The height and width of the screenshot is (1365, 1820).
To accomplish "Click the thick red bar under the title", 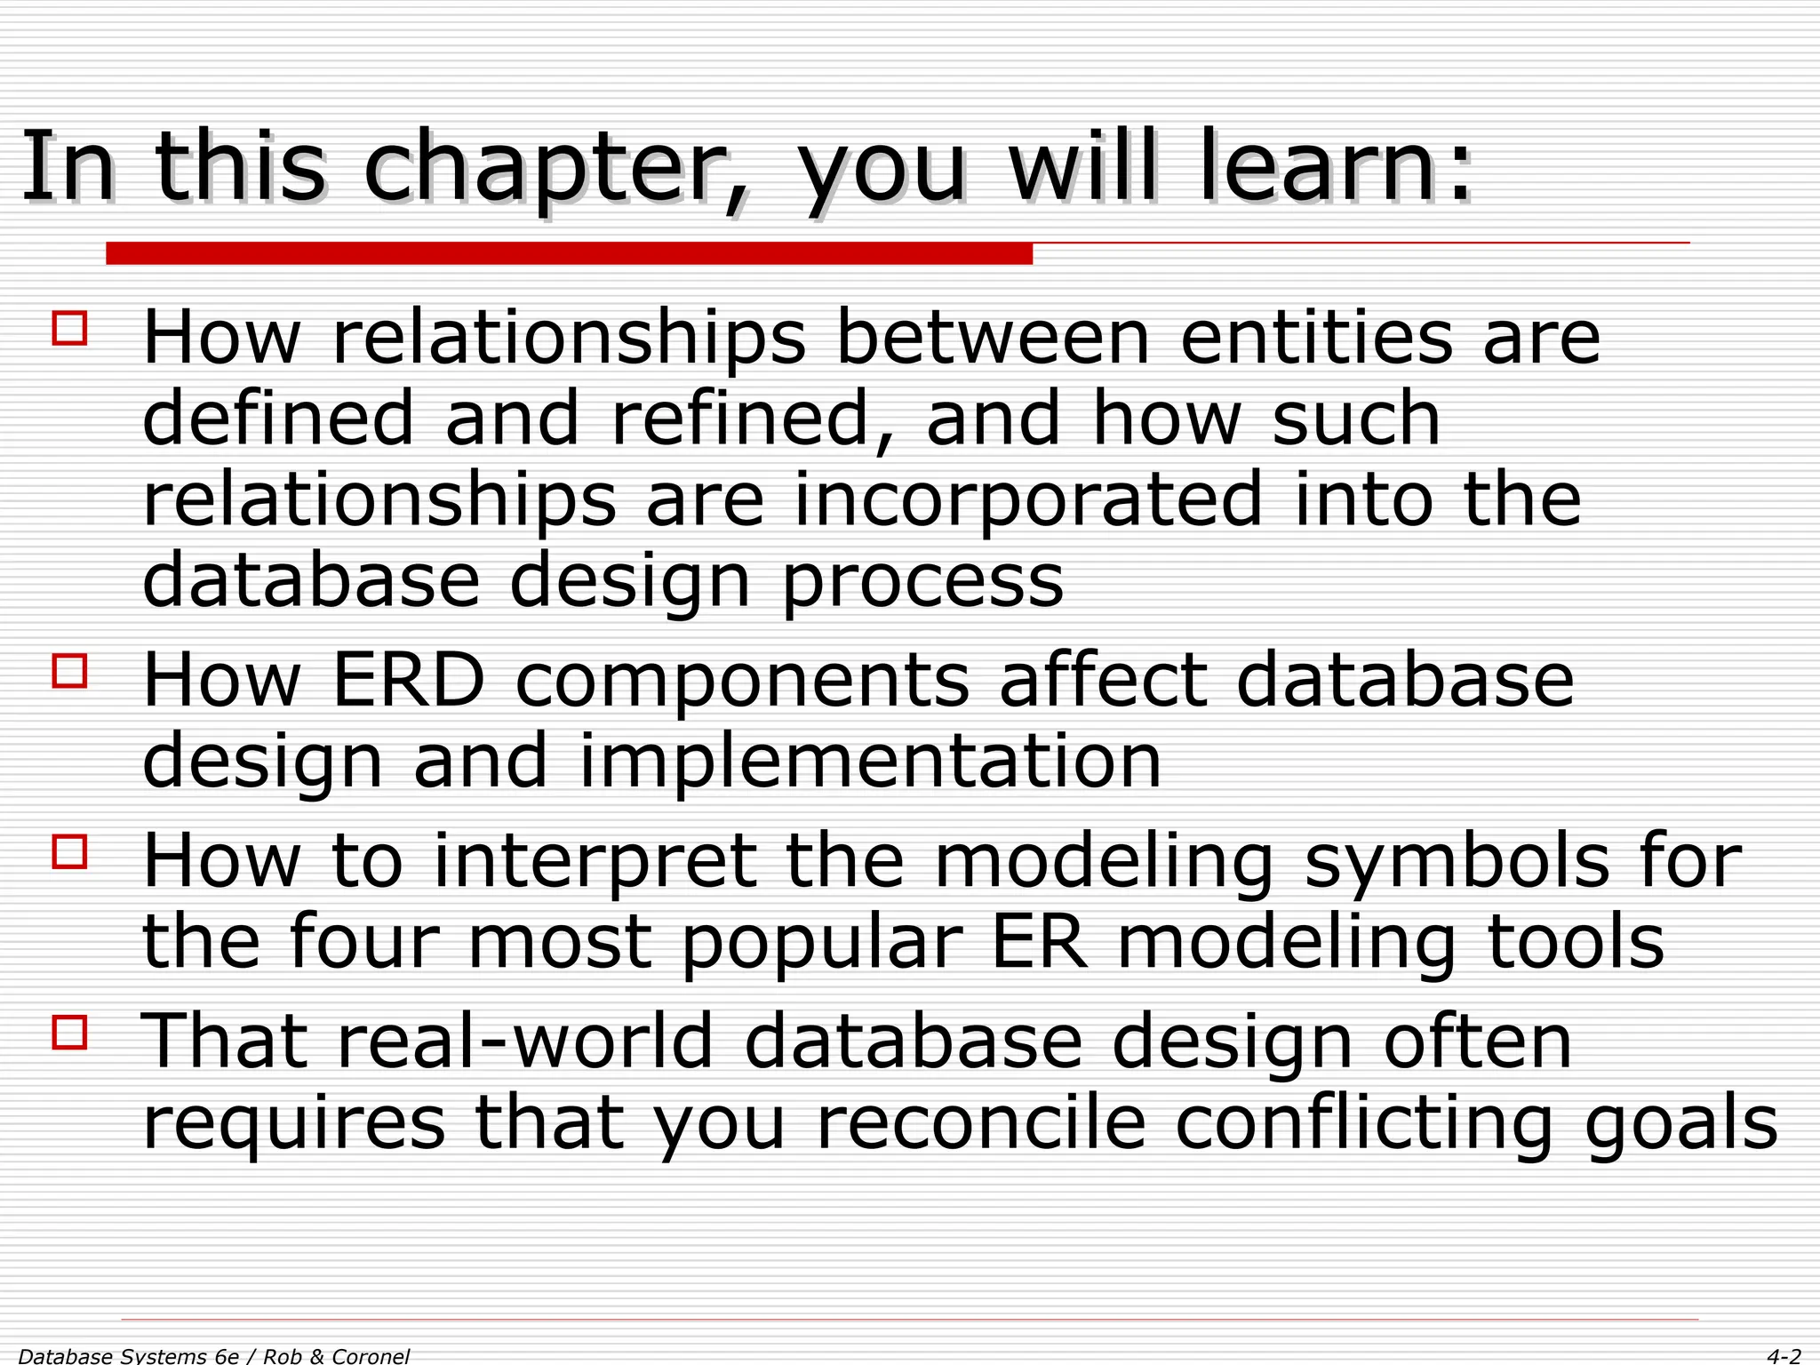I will (x=569, y=254).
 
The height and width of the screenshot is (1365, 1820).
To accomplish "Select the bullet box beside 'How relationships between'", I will (x=70, y=328).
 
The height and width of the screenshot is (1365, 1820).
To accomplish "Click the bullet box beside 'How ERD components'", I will (x=70, y=671).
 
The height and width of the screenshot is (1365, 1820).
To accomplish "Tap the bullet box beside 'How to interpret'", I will (x=70, y=851).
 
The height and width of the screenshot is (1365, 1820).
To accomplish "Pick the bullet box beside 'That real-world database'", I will (x=70, y=1033).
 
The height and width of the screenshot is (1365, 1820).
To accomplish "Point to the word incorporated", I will (x=1027, y=499).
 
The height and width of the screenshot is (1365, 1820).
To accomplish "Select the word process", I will (x=922, y=582).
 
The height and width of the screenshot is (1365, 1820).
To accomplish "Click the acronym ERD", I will (x=409, y=681).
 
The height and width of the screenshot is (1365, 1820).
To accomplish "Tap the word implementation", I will (x=870, y=762).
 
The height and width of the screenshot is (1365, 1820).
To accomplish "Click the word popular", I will (x=822, y=944).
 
